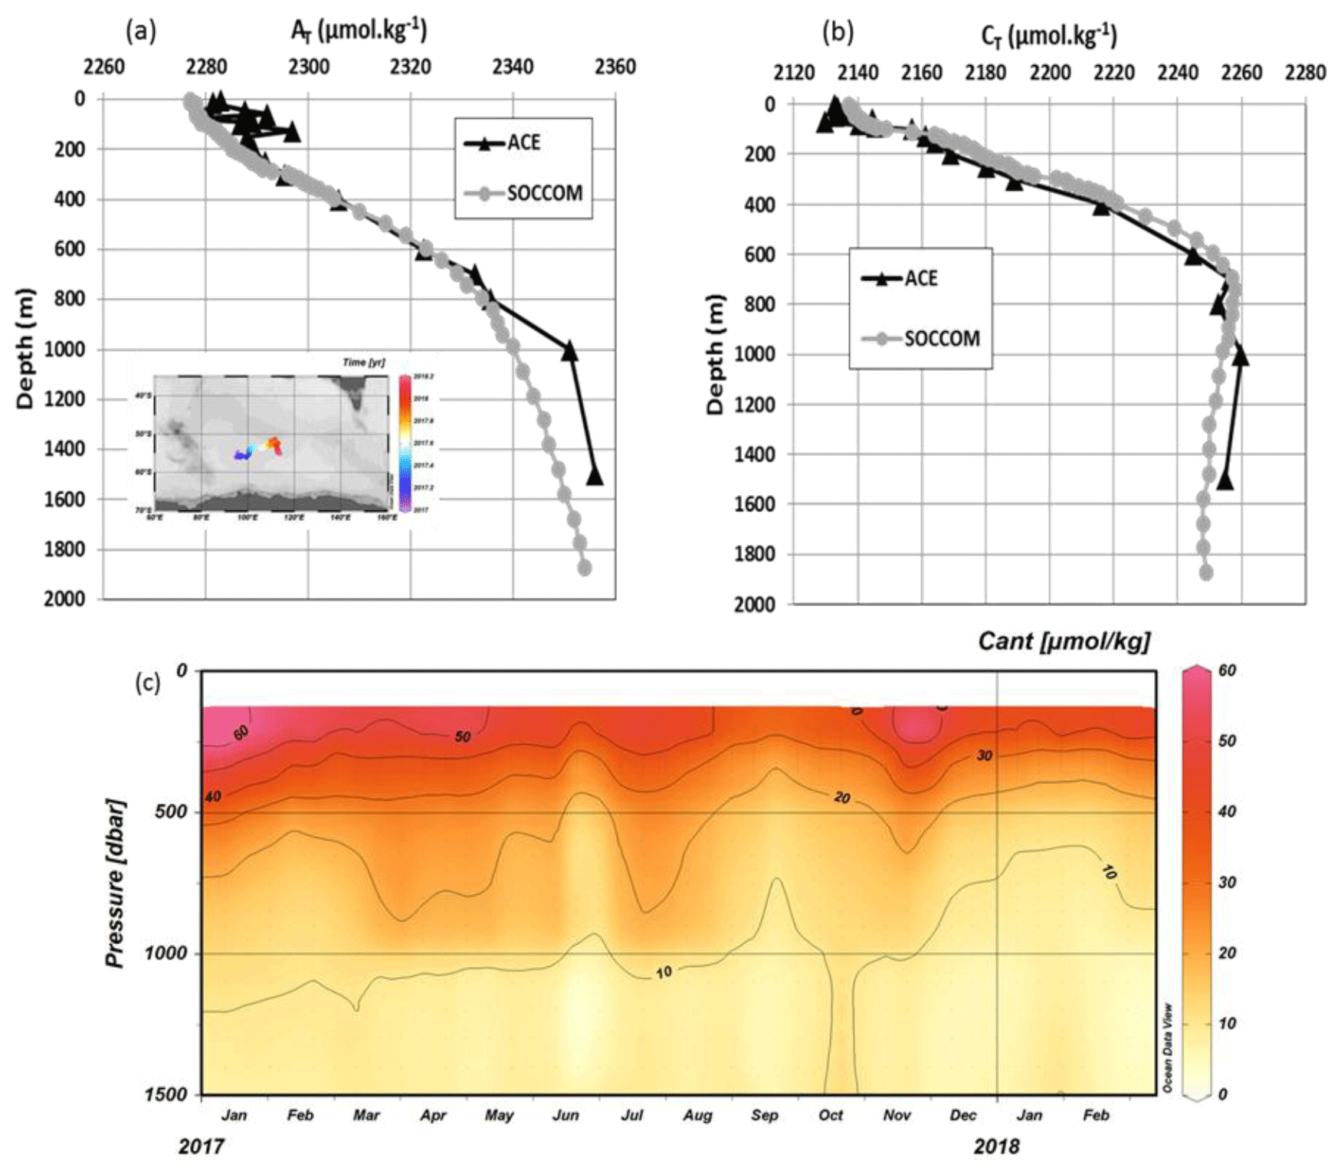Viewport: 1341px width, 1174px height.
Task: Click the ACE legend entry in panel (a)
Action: click(x=523, y=143)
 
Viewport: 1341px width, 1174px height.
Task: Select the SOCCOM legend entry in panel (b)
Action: click(x=941, y=338)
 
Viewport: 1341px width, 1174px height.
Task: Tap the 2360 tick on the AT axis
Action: click(x=615, y=67)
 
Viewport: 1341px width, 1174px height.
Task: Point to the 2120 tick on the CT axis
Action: click(x=793, y=73)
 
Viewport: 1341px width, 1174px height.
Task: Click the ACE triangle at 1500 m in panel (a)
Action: click(x=595, y=476)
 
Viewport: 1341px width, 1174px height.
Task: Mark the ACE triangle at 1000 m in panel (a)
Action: click(x=569, y=351)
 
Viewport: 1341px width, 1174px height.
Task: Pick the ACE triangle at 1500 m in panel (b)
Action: click(x=1225, y=480)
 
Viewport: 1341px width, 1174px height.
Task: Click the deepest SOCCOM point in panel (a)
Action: click(x=585, y=568)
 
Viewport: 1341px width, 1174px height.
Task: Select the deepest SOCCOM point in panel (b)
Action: click(x=1206, y=572)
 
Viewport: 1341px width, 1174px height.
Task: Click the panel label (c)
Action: click(x=147, y=682)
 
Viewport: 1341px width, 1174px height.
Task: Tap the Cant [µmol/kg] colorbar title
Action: click(x=1064, y=641)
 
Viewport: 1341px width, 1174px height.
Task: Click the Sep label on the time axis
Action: click(x=764, y=1115)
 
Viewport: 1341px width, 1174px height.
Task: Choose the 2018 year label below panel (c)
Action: click(x=996, y=1146)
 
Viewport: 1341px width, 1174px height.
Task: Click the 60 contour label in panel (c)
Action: click(x=241, y=733)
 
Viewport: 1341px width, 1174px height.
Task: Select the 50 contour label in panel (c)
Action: click(x=462, y=736)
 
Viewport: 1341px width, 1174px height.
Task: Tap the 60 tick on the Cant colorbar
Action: click(x=1227, y=671)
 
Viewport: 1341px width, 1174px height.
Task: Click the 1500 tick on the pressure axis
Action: click(x=166, y=1094)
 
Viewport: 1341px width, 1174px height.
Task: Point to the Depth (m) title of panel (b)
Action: click(x=715, y=354)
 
